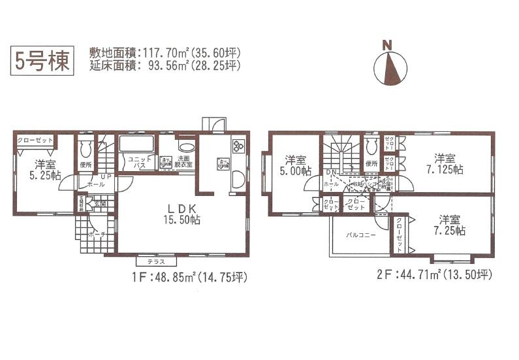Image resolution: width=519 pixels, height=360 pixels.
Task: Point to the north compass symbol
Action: (x=390, y=65)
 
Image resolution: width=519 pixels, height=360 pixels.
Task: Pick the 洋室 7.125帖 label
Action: (x=445, y=163)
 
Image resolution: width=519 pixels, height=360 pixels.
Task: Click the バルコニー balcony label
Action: (x=360, y=235)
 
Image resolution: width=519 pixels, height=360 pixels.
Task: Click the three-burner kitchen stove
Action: (x=238, y=146)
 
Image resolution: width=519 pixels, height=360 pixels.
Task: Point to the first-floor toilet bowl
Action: (x=86, y=146)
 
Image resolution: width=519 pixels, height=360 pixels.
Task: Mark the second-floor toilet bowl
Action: (x=372, y=144)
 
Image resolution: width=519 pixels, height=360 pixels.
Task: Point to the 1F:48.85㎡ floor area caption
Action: (x=189, y=277)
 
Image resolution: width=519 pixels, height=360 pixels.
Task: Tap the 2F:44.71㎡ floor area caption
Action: (x=433, y=274)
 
